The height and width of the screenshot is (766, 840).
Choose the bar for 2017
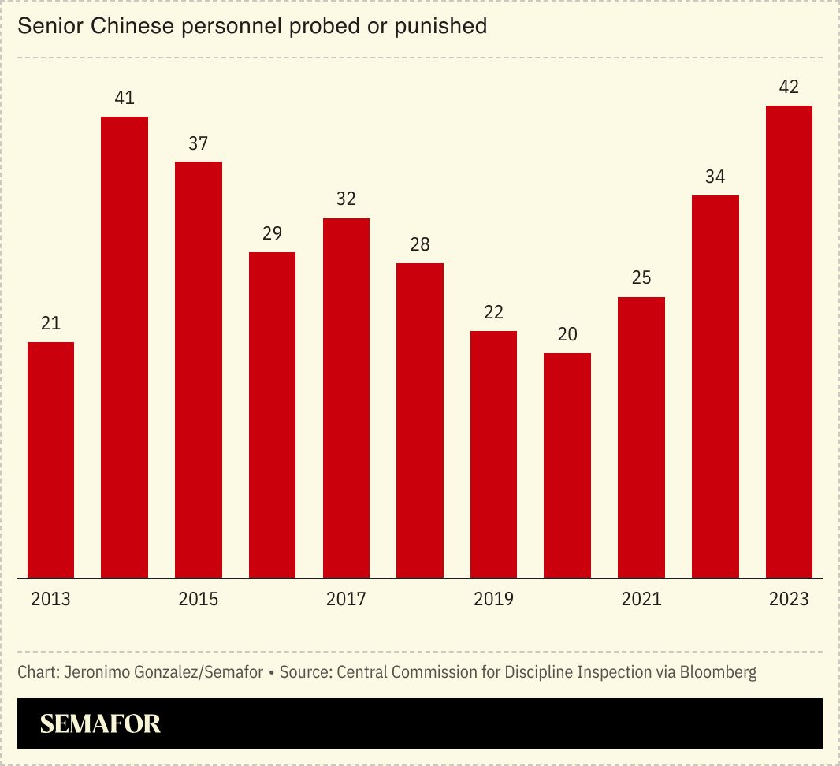346,398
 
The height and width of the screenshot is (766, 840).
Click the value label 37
199,143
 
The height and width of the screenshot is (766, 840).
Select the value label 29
272,233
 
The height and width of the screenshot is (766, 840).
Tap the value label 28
420,244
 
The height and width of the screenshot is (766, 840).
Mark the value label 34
715,177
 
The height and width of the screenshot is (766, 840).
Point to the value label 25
641,278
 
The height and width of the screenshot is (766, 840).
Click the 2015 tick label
199,599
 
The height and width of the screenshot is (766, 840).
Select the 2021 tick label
641,599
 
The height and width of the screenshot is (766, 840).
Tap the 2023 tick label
789,599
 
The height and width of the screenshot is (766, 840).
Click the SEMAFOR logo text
100,723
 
